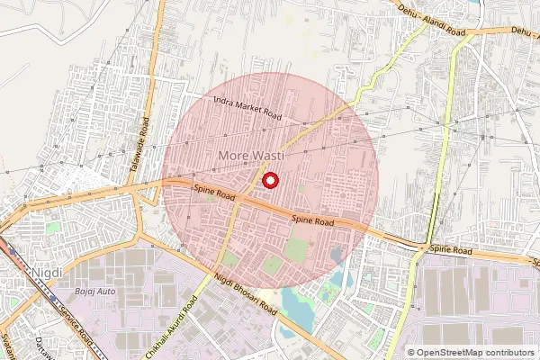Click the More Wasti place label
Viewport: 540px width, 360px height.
pos(251,157)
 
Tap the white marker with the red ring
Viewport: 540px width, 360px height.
pos(270,181)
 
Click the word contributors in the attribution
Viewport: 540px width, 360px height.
pos(508,353)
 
